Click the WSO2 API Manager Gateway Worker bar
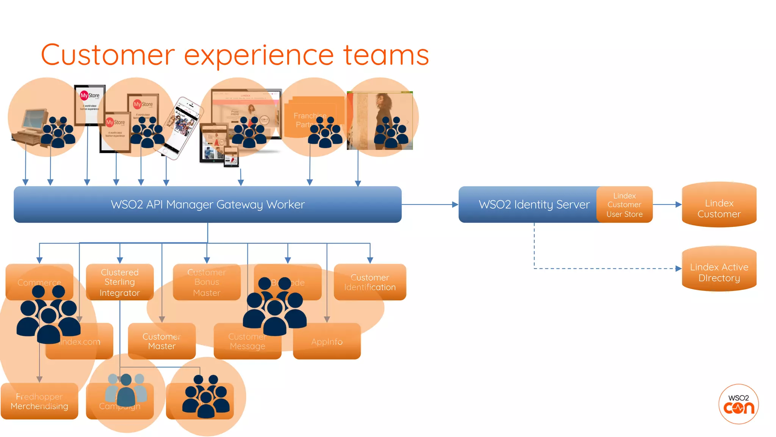coord(207,204)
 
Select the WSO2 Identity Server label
coord(534,204)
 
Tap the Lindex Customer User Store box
coord(624,205)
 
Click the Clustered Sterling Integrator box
coord(120,282)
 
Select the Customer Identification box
coord(370,282)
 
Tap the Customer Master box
coord(162,341)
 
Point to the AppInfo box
coord(327,342)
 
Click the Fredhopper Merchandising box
coord(39,401)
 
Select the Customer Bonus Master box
coord(207,282)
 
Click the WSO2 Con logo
coord(738,404)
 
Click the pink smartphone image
coord(183,127)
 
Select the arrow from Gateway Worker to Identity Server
coord(430,204)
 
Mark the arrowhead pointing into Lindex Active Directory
coord(678,269)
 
